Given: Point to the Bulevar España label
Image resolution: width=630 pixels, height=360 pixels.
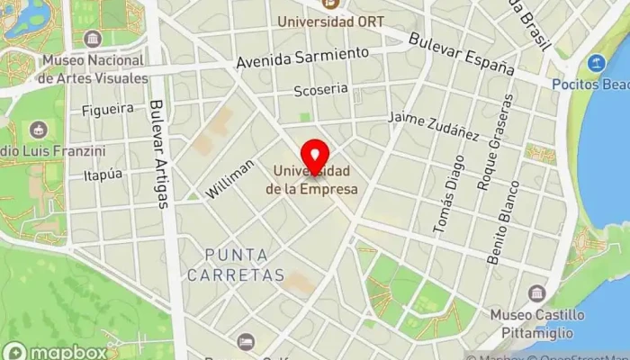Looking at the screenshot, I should [x=461, y=55].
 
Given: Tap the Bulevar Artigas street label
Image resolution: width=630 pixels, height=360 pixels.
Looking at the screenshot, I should [x=159, y=153].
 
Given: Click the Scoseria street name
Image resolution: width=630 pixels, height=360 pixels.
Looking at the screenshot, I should [x=320, y=90].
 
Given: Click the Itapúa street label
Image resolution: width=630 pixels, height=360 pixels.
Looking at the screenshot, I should [x=101, y=175].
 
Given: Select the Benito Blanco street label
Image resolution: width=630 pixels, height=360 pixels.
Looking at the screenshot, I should [x=502, y=222].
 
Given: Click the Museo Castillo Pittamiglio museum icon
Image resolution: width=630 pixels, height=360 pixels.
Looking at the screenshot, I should [x=537, y=293].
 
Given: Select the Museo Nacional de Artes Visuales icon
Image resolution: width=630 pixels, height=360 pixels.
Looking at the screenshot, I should [x=93, y=39].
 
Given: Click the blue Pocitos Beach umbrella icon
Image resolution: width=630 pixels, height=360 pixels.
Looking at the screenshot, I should [x=596, y=64].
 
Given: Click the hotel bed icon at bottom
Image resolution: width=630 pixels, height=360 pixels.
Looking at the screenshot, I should [x=246, y=342].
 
